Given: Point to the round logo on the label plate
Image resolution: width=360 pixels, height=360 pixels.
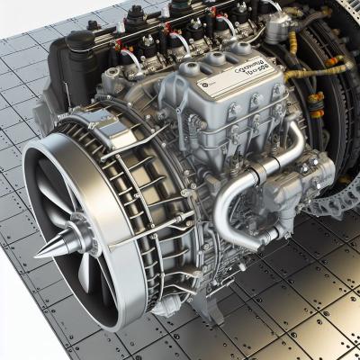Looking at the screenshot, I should [204, 82].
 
